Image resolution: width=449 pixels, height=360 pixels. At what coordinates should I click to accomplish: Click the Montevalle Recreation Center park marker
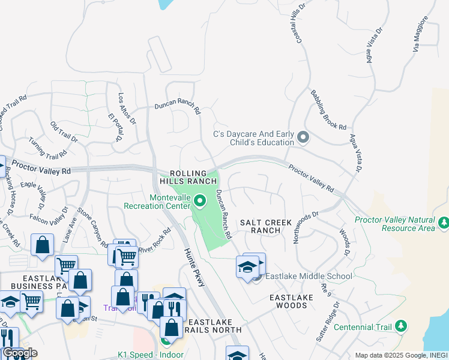(200, 200)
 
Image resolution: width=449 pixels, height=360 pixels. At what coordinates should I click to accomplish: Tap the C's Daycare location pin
(303, 138)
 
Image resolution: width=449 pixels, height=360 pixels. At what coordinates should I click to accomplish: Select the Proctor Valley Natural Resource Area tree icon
(443, 223)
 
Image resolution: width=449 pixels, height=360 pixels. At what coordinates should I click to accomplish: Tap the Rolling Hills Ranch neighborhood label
(187, 176)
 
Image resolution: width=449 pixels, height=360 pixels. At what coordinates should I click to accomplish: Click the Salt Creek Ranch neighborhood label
(265, 226)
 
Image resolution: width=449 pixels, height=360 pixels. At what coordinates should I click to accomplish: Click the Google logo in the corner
(20, 353)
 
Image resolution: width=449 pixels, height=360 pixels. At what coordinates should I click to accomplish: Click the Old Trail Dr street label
(64, 131)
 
